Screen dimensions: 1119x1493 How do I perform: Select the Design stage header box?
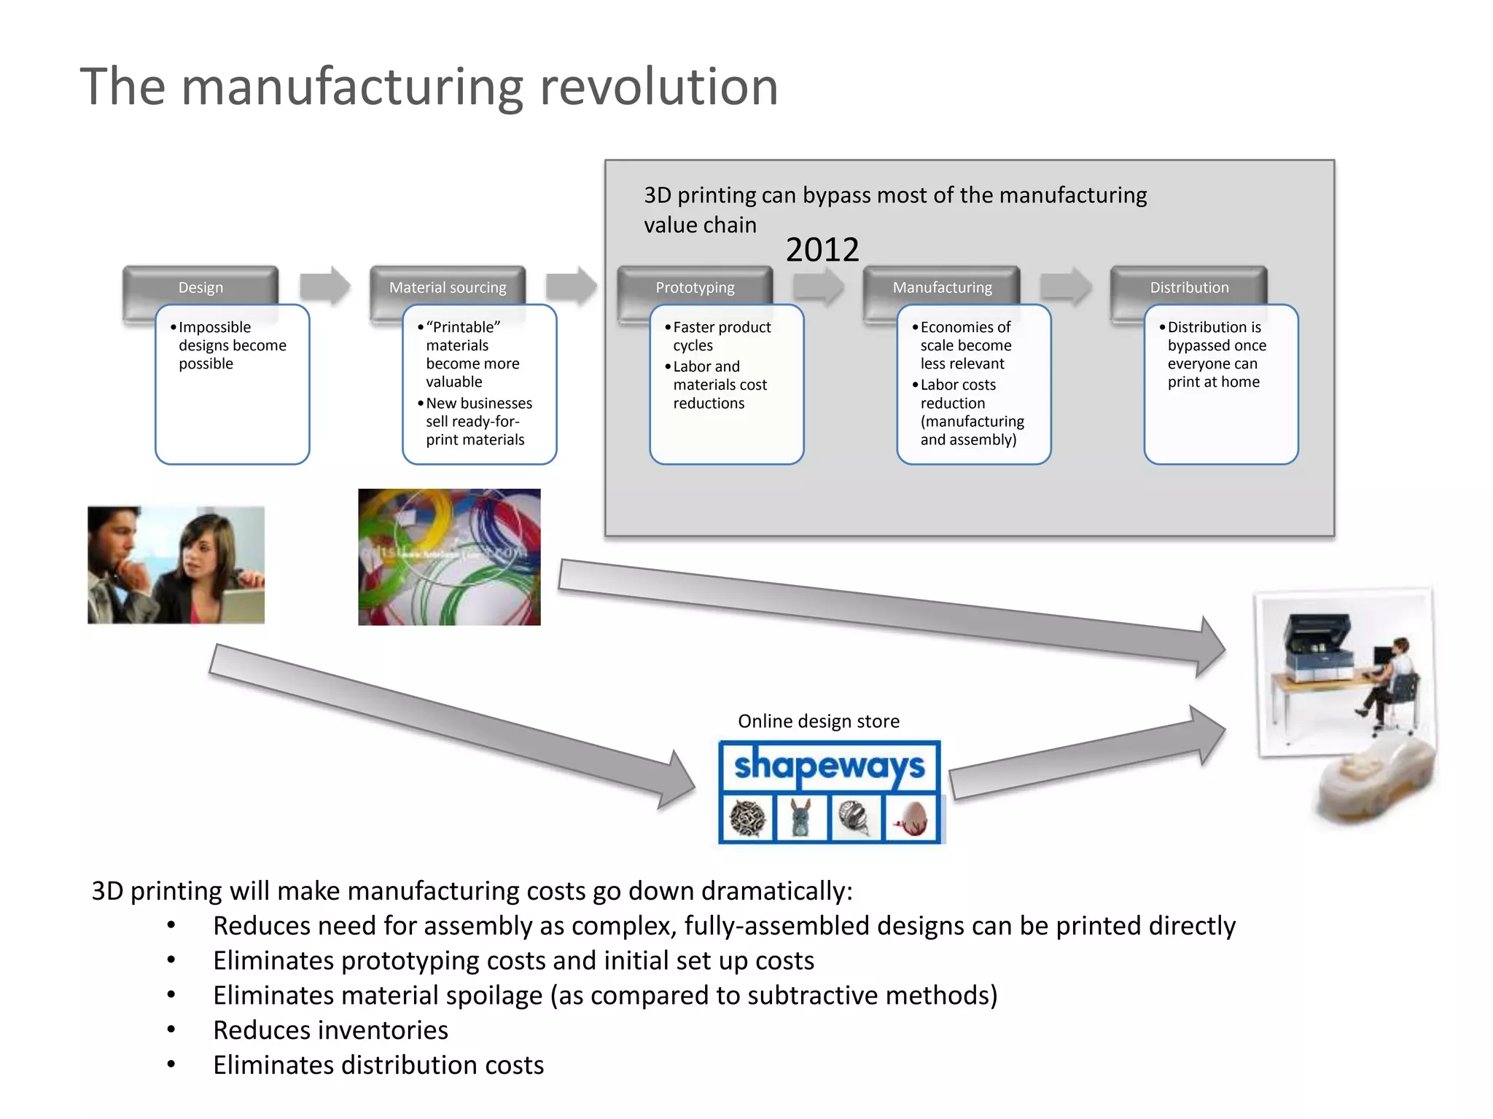pos(200,287)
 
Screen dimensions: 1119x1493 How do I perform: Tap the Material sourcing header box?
pos(448,287)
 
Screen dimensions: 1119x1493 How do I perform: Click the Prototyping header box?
pos(695,287)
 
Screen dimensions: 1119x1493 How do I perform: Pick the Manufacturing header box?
pos(942,287)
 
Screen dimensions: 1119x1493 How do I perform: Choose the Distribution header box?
pos(1189,287)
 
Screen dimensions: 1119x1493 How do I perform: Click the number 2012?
pos(822,250)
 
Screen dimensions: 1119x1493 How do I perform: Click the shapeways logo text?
pos(829,766)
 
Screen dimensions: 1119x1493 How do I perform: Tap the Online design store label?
pos(818,721)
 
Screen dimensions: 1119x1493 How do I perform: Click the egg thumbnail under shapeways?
pos(911,818)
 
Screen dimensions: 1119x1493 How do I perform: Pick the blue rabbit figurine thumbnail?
pos(801,818)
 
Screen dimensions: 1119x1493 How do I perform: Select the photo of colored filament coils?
pos(449,557)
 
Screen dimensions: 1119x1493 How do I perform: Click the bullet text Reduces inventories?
pos(330,1030)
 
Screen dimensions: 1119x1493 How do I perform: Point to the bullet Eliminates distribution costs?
pos(378,1065)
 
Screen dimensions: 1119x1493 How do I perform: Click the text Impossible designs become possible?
pos(232,345)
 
